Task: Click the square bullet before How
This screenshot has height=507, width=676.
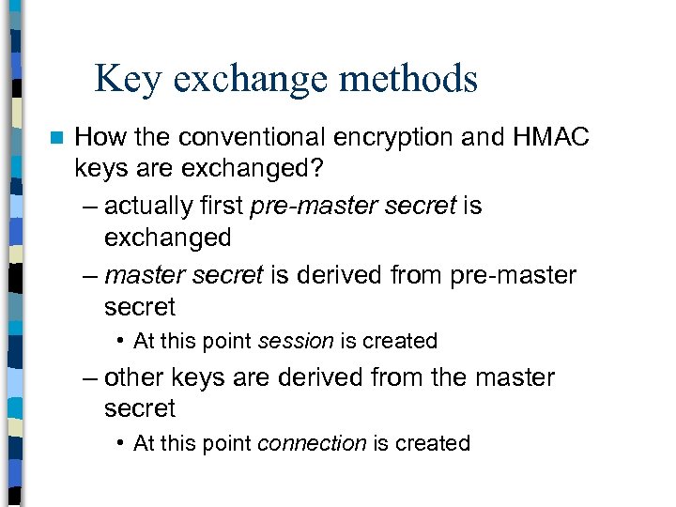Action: pos(55,138)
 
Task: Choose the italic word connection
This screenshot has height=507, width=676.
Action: pos(311,443)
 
